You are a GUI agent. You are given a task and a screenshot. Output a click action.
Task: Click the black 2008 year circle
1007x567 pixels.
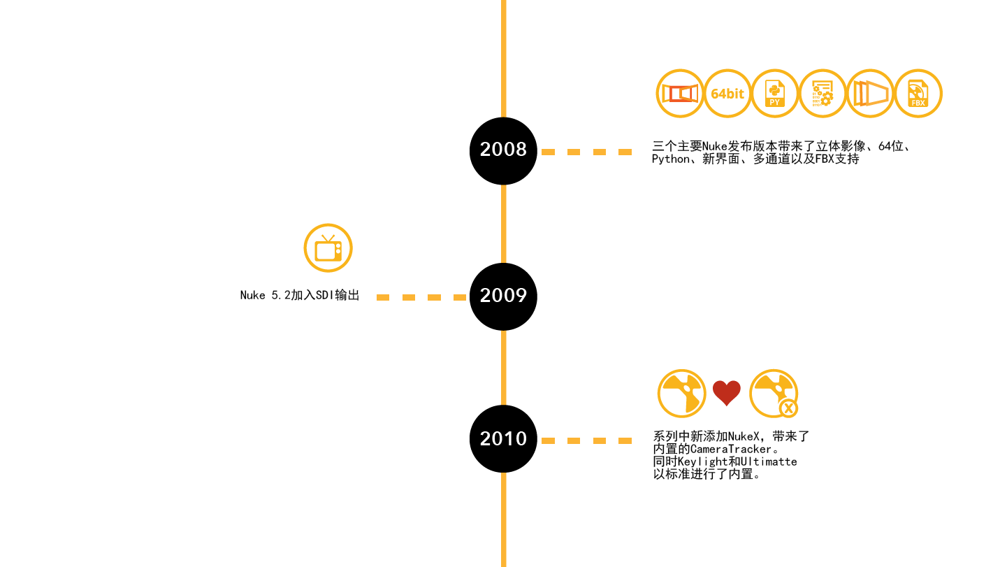[x=503, y=150]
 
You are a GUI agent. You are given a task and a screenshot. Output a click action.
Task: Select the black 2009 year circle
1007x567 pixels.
[x=503, y=296]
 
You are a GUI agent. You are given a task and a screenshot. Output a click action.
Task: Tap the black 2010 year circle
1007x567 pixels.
[x=503, y=439]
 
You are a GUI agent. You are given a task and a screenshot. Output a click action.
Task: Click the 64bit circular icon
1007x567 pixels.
[x=727, y=94]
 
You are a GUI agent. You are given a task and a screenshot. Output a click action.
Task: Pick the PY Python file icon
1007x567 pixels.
[x=775, y=94]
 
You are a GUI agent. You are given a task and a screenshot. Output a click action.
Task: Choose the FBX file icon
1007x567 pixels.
[x=918, y=94]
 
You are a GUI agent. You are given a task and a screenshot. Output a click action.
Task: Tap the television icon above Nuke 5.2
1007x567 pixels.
[x=328, y=248]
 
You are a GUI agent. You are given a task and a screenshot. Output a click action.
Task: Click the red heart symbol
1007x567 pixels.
[x=727, y=393]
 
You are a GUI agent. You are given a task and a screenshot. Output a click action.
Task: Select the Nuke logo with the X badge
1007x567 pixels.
[x=774, y=394]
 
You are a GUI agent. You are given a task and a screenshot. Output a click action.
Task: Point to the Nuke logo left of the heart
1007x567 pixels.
[x=681, y=394]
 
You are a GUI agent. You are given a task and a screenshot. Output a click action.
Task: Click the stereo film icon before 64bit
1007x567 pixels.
[x=680, y=94]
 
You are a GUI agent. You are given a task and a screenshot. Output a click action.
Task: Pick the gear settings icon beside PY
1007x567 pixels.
[x=823, y=94]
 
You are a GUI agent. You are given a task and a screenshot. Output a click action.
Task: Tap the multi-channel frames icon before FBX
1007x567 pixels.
[x=871, y=94]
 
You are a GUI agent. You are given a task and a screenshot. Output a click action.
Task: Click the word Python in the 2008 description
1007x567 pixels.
[x=670, y=159]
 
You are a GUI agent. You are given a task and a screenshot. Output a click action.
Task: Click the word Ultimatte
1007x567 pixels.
[x=767, y=462]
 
